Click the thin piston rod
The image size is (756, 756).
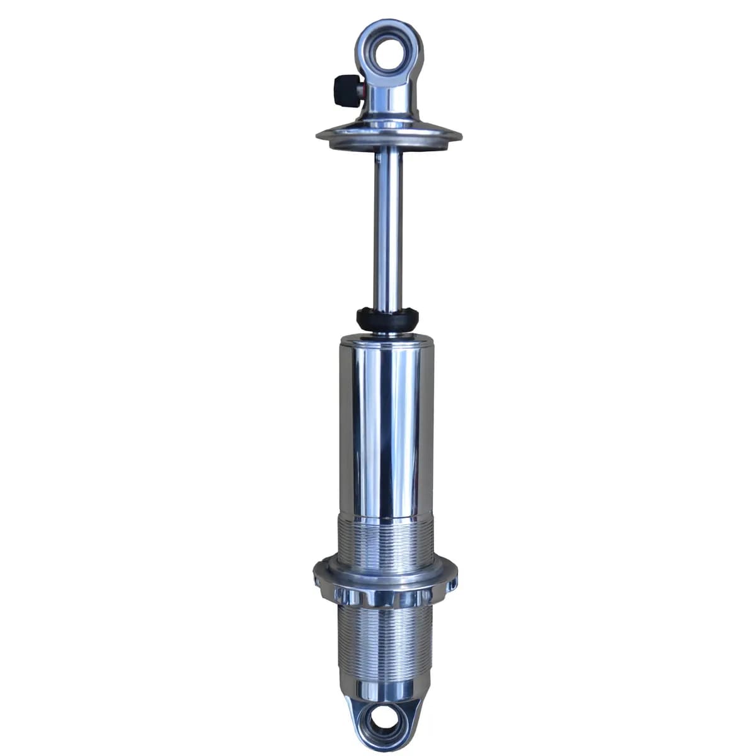click(x=388, y=227)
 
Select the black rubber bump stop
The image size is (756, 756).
click(x=387, y=318)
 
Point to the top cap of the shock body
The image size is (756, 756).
click(x=387, y=340)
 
